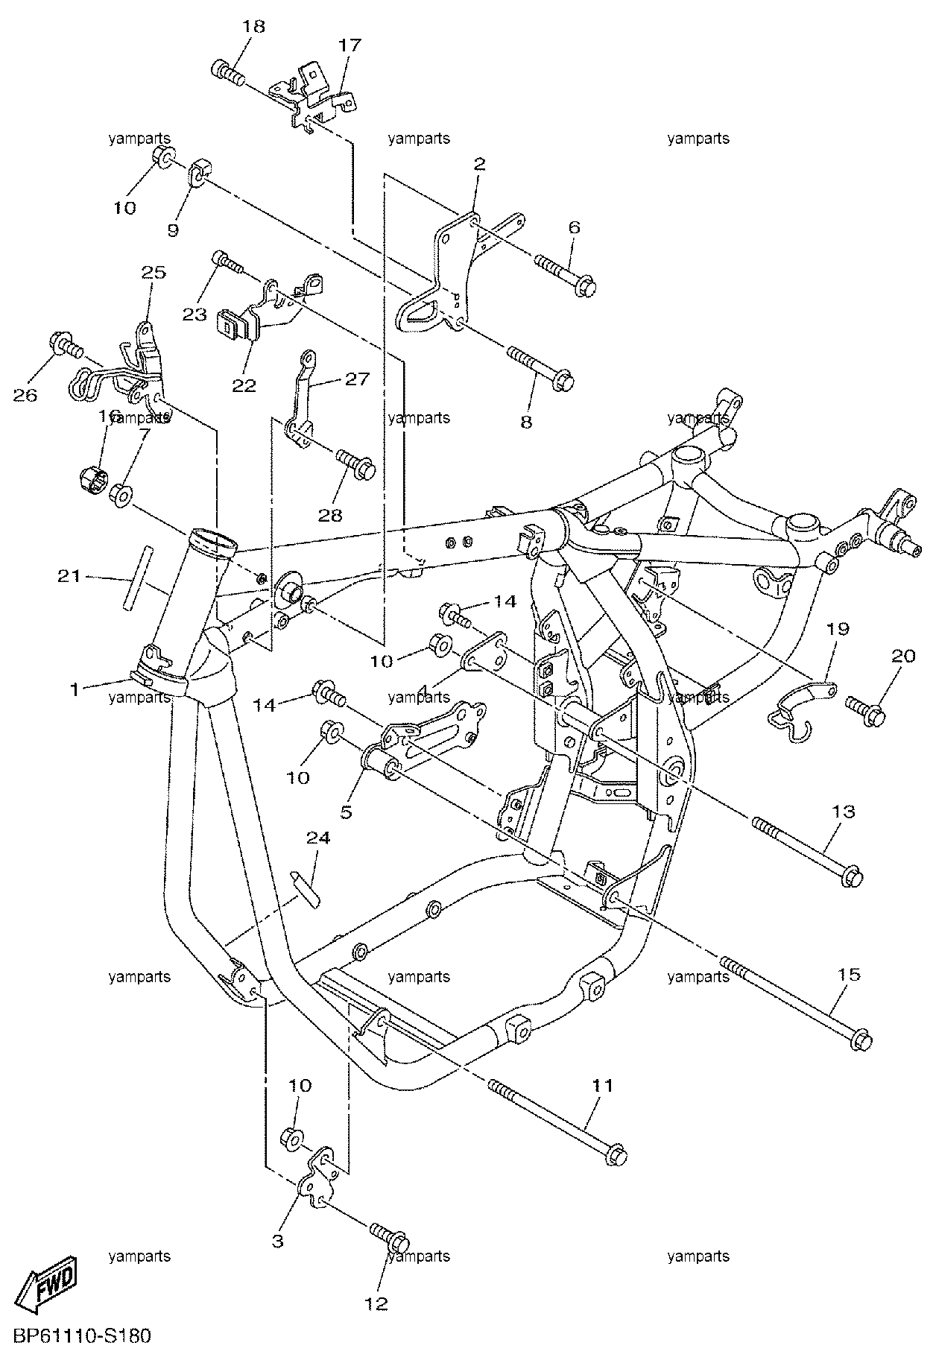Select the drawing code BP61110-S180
pos(82,1335)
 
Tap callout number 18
pos(253,26)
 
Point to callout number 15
pos(849,974)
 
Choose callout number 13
pos(844,811)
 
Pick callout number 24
pos(317,838)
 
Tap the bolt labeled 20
pos(864,708)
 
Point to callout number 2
pos(479,164)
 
